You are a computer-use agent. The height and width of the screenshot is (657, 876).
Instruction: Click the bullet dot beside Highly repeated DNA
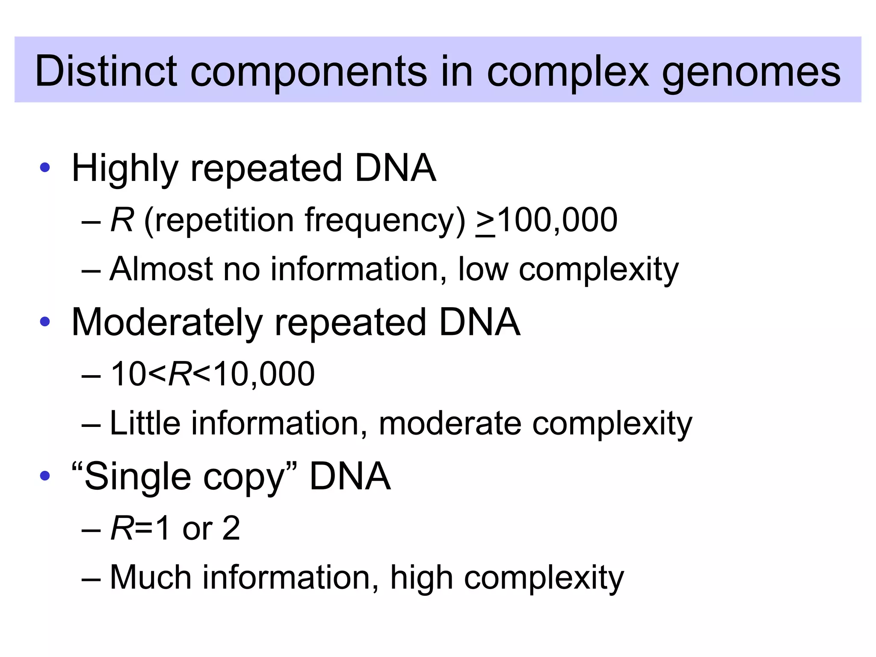[x=44, y=168]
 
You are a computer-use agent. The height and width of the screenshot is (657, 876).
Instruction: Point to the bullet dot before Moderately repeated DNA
[x=44, y=322]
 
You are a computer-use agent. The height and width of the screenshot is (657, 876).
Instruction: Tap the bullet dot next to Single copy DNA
[x=44, y=476]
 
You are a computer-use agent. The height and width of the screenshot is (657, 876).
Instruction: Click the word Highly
[x=124, y=169]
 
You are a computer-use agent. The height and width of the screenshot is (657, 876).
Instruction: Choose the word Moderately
[x=167, y=323]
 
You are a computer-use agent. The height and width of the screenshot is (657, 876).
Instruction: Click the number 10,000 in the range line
[x=263, y=374]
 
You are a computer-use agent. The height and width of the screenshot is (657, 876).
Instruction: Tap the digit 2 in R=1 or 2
[x=231, y=528]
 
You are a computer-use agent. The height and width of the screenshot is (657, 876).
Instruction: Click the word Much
[x=150, y=577]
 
